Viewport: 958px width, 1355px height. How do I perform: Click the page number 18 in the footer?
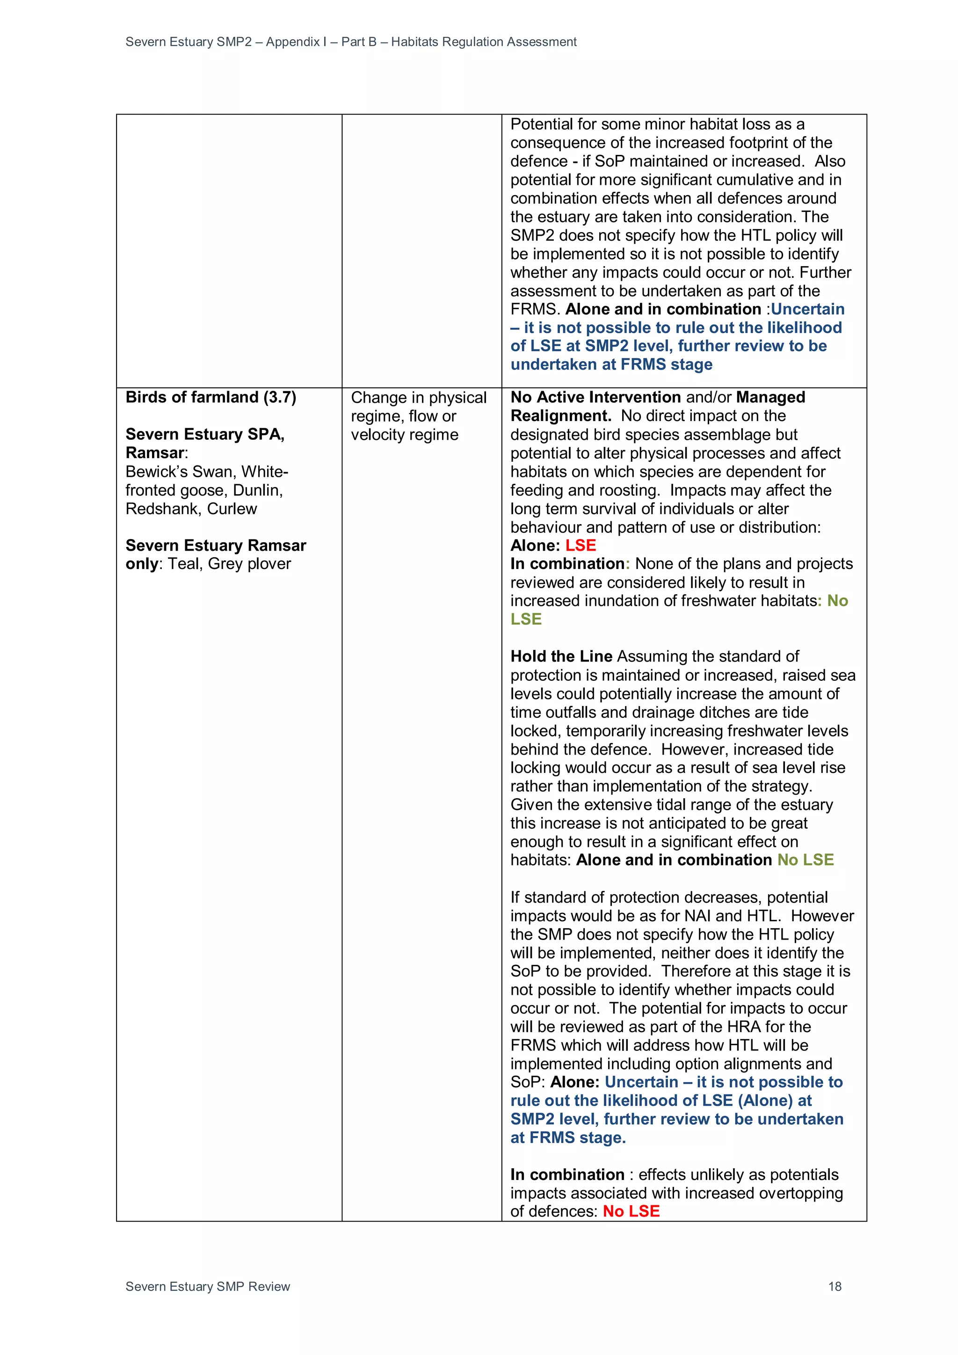coord(834,1287)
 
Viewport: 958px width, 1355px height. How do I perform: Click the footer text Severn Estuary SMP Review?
coord(208,1287)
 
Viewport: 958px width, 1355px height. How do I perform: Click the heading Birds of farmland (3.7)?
coord(210,397)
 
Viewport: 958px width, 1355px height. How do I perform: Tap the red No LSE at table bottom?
coord(631,1211)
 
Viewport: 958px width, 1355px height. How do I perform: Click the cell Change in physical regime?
coord(418,416)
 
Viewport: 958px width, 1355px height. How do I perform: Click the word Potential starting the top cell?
coord(542,124)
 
